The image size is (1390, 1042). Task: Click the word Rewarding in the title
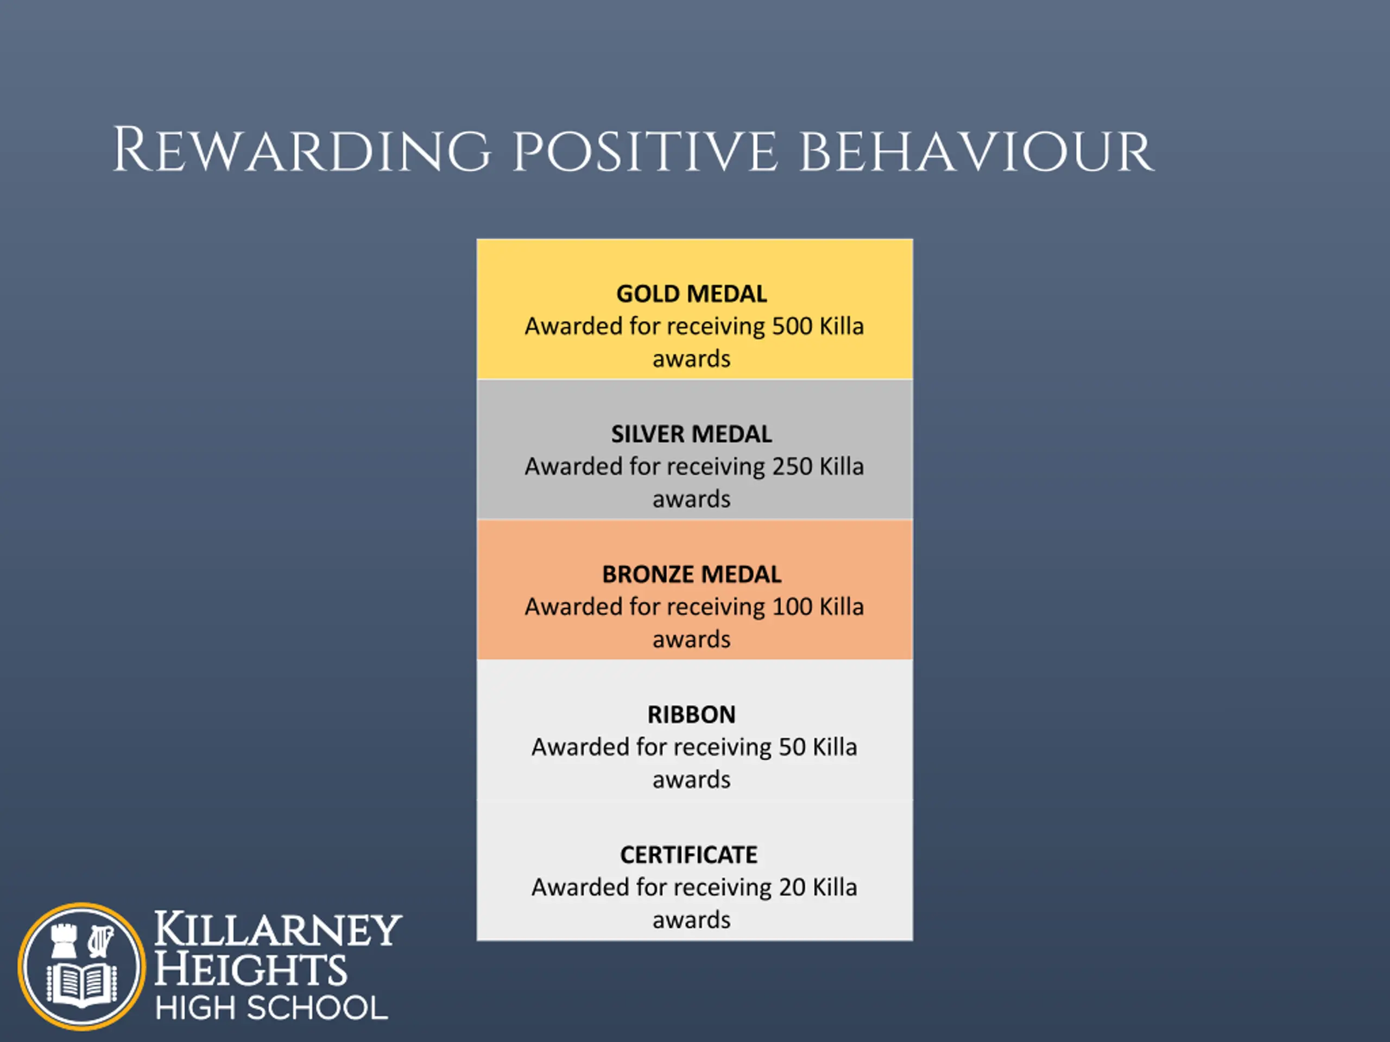(x=301, y=150)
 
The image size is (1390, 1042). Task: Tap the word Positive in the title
(x=646, y=151)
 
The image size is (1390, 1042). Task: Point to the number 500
(x=792, y=327)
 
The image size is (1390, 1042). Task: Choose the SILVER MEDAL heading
(x=692, y=434)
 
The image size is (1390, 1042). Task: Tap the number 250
(x=792, y=467)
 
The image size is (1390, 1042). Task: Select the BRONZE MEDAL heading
(x=692, y=574)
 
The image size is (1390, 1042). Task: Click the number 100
(x=792, y=607)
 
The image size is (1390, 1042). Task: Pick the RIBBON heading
(x=692, y=715)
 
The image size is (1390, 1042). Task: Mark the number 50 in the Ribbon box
(x=792, y=747)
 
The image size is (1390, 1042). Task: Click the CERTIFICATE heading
(x=690, y=855)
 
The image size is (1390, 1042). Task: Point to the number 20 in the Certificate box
(x=792, y=887)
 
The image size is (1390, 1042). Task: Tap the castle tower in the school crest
(x=64, y=939)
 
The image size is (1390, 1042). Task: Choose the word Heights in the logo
(x=250, y=969)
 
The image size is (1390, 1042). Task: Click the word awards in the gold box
(x=692, y=359)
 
